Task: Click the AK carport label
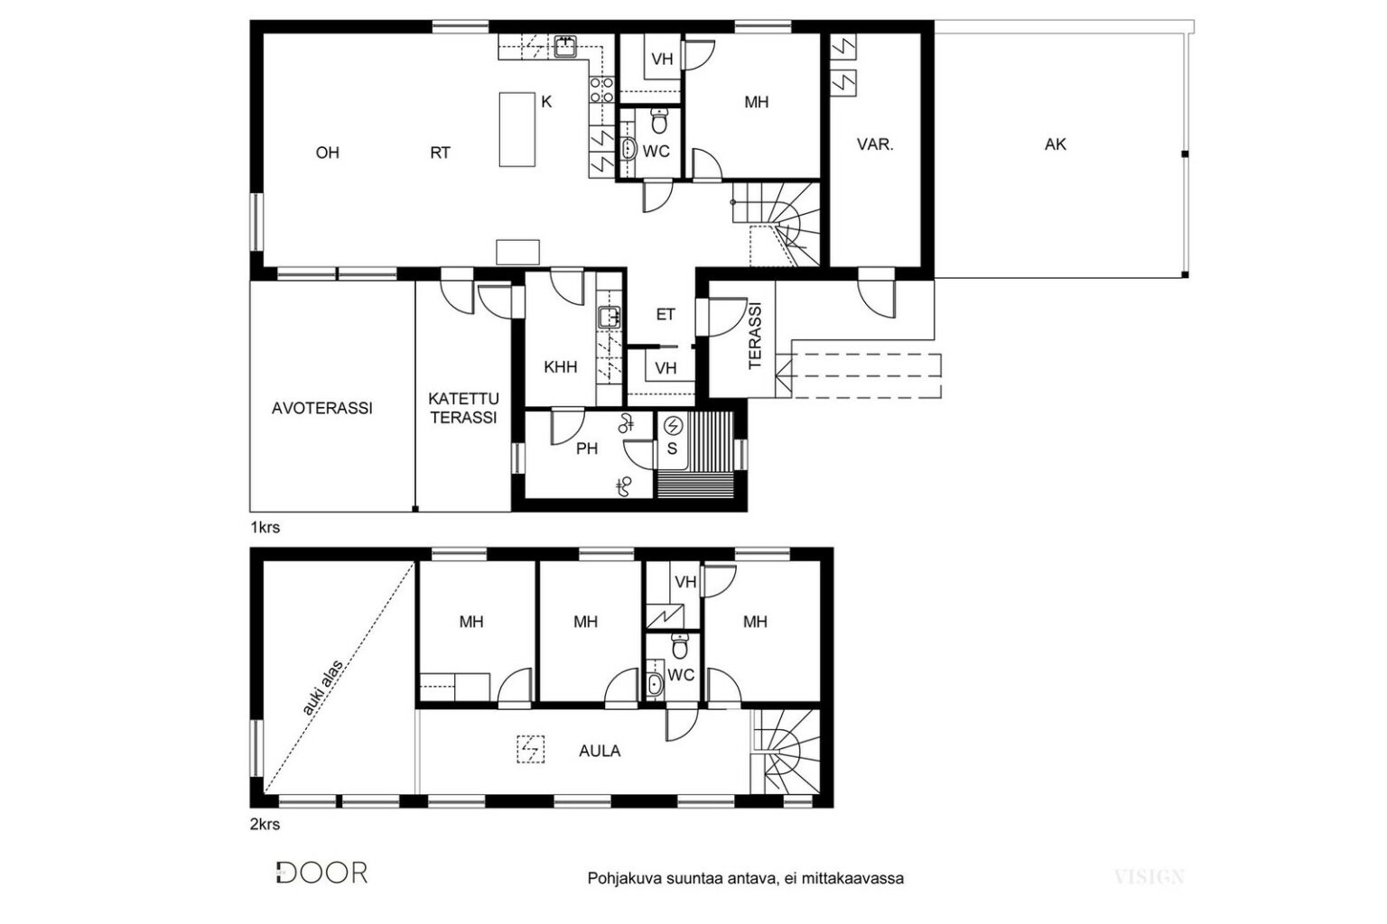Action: (x=1055, y=144)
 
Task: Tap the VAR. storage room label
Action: (x=875, y=144)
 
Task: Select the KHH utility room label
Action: (x=561, y=367)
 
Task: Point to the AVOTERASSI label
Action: (x=322, y=408)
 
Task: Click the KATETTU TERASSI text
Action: (x=464, y=408)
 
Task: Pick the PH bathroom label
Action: (x=587, y=448)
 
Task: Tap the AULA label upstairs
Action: (x=600, y=751)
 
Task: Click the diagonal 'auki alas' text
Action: (x=322, y=688)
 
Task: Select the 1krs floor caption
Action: (x=265, y=527)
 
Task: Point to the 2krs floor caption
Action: (x=265, y=825)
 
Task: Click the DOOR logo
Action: (x=321, y=873)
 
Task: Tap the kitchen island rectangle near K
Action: (x=517, y=129)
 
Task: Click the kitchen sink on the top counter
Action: (x=564, y=46)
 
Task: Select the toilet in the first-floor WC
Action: (x=659, y=121)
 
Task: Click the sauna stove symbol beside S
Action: (x=673, y=426)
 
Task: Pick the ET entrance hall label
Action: (x=666, y=314)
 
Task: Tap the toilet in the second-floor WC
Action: (x=680, y=646)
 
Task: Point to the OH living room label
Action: (x=328, y=152)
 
